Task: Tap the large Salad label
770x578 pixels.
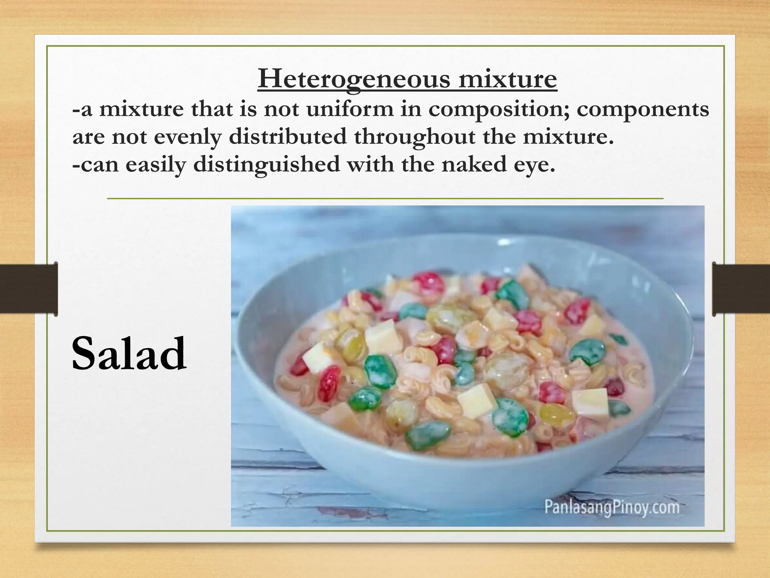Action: pyautogui.click(x=129, y=353)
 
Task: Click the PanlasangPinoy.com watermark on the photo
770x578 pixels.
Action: pyautogui.click(x=612, y=507)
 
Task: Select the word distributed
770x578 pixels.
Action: pyautogui.click(x=288, y=137)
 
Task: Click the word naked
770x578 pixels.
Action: pyautogui.click(x=473, y=164)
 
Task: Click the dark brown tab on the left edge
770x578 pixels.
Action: pyautogui.click(x=29, y=289)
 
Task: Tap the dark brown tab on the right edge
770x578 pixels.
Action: pyautogui.click(x=741, y=289)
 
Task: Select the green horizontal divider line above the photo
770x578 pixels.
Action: pyautogui.click(x=385, y=198)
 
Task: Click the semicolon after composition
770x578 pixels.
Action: pyautogui.click(x=570, y=111)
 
